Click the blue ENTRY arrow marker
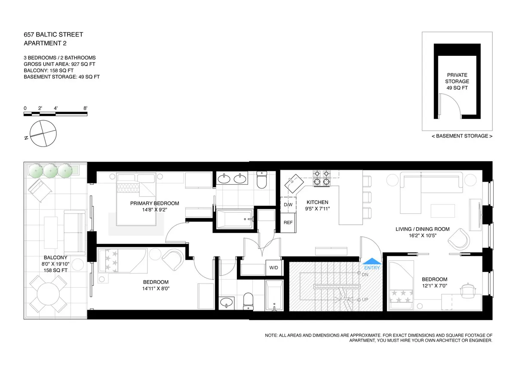point(372,261)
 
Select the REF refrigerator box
point(288,223)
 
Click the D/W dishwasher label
point(288,205)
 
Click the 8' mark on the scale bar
point(86,109)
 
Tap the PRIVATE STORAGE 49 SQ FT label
point(457,81)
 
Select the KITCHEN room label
point(317,202)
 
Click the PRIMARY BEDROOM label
point(154,204)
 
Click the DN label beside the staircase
point(365,274)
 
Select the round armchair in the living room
point(457,237)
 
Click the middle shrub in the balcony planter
point(50,171)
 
